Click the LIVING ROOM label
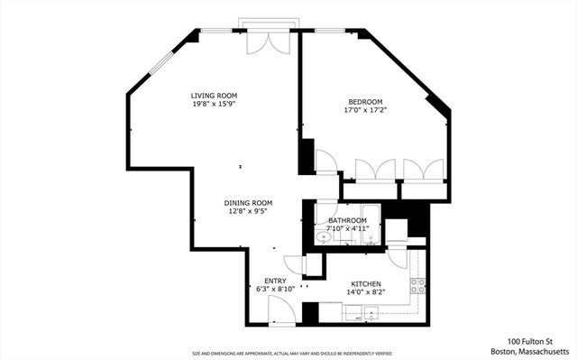214,95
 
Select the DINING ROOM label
248,203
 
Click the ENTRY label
275,281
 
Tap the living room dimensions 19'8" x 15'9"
214,104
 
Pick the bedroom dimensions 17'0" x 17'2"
367,109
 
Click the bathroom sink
324,238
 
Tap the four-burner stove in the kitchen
418,286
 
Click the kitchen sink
371,316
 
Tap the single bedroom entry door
325,162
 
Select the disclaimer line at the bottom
291,354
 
